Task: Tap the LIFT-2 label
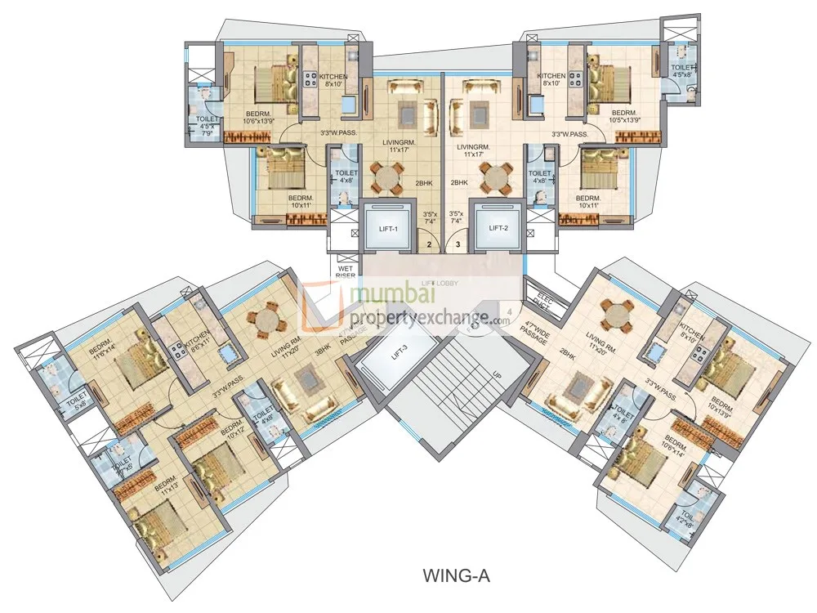[498, 228]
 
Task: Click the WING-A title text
[457, 575]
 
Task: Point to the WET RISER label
[345, 271]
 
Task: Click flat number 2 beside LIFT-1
[429, 244]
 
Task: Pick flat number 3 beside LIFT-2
[458, 244]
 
